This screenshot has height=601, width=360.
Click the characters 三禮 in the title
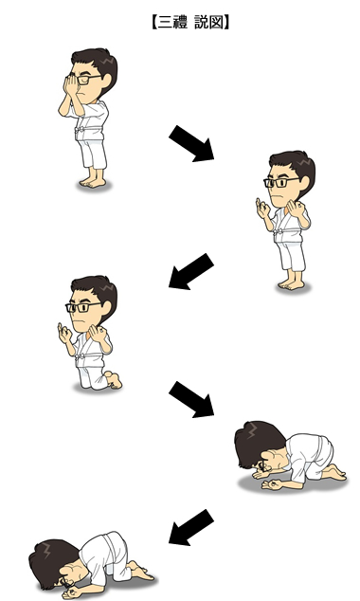172,23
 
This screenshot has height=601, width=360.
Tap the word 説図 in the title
208,23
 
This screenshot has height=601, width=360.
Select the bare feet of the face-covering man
92,183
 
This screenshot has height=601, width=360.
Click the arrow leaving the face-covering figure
191,143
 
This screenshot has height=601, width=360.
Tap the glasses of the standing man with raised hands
280,182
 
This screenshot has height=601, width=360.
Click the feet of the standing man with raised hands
292,284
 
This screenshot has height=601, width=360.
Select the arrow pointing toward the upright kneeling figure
191,271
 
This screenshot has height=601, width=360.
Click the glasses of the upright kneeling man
82,306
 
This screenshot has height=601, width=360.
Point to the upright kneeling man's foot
114,379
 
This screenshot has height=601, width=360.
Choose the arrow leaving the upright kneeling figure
191,399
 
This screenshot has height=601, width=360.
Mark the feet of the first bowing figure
334,473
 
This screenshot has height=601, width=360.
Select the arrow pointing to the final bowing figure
191,527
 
